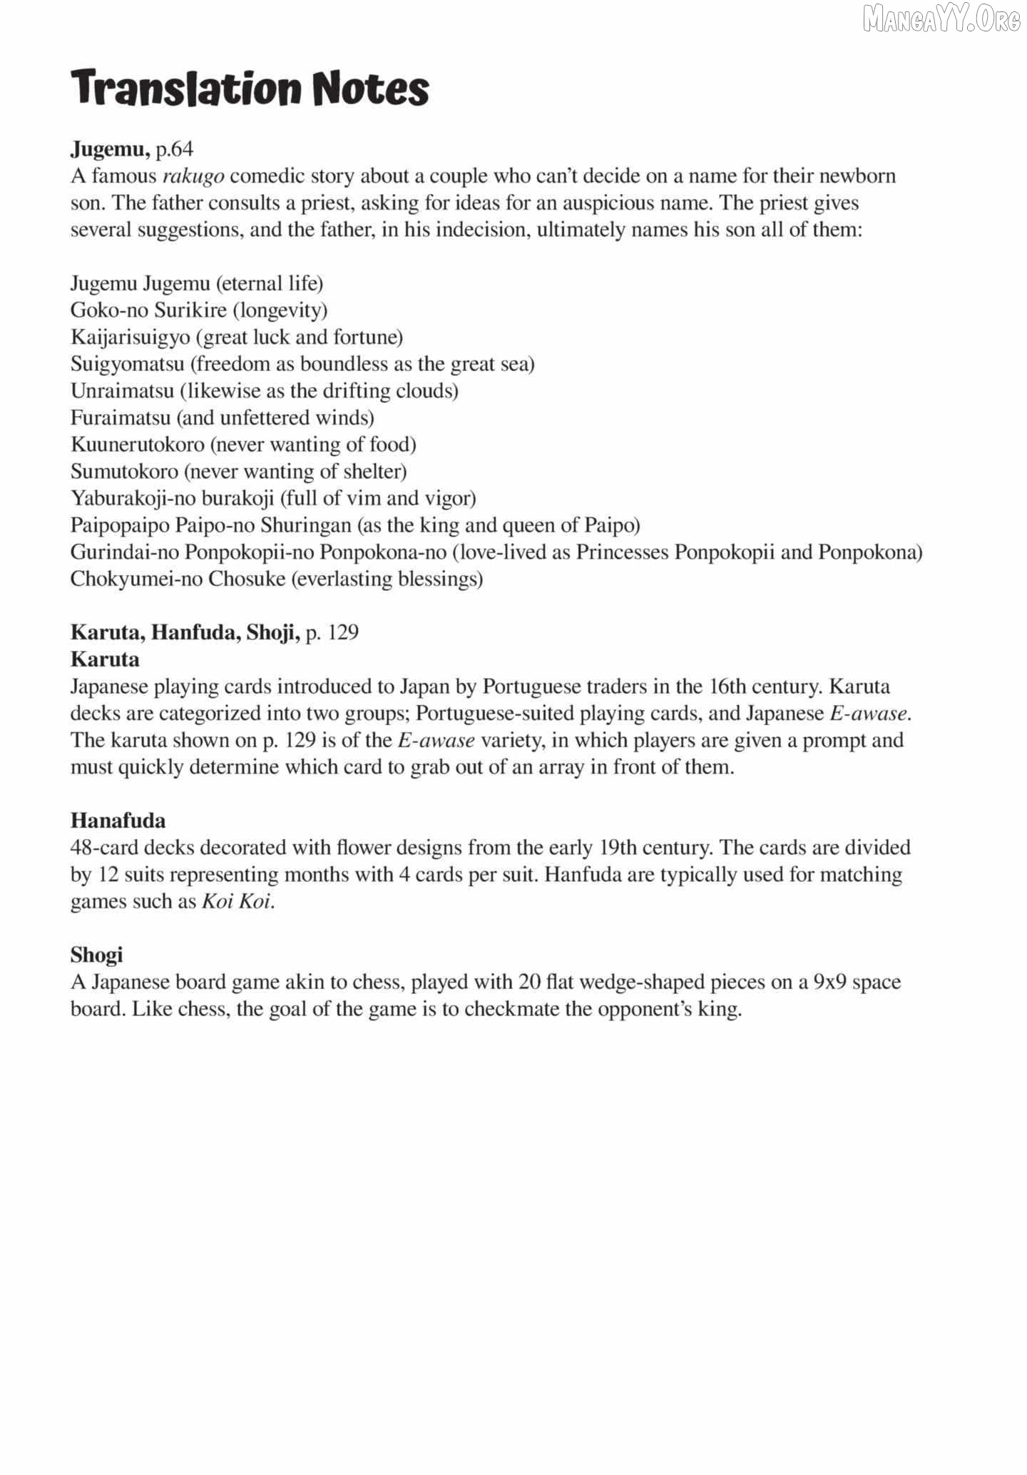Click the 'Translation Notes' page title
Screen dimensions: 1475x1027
(250, 88)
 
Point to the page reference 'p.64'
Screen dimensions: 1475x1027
(174, 149)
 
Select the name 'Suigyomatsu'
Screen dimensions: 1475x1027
(128, 365)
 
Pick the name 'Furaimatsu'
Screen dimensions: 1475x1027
(121, 418)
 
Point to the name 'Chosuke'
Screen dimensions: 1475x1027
(247, 579)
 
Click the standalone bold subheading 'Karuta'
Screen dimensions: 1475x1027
(105, 659)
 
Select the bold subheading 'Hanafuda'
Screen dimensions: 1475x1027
(118, 821)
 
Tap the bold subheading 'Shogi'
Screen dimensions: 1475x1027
(96, 955)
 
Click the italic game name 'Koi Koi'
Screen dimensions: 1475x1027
(236, 901)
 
